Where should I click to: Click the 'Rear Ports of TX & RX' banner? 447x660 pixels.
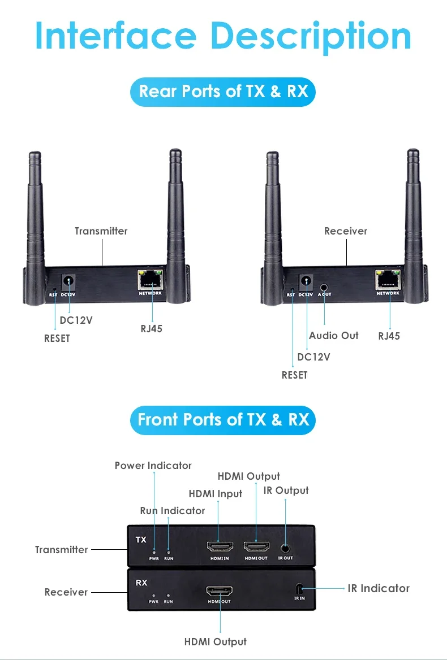[223, 92]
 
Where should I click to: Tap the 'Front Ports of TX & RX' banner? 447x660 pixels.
[223, 420]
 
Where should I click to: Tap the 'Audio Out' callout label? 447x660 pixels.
[333, 336]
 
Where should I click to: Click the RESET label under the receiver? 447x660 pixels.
[294, 375]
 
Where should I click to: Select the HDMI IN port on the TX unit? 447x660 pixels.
[218, 546]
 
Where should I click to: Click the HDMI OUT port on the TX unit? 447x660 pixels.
[256, 546]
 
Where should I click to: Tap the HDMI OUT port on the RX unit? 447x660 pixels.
[219, 592]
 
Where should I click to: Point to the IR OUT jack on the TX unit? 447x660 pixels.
[285, 547]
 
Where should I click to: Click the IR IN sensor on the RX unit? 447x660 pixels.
[299, 588]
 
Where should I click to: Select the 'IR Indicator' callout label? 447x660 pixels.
[378, 588]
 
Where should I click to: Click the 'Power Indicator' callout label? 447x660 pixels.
[153, 466]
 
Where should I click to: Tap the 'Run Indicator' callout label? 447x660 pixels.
[172, 511]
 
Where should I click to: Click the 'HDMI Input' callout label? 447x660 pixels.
[215, 494]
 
